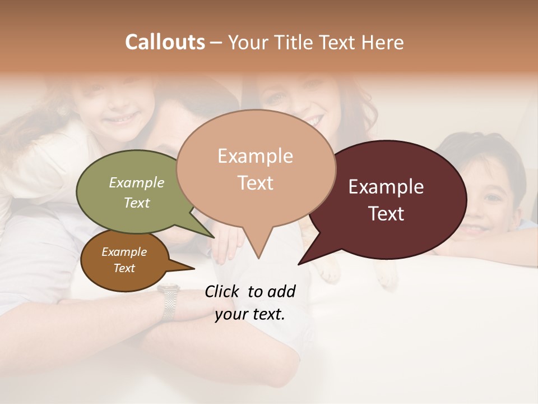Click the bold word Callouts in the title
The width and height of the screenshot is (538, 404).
click(165, 42)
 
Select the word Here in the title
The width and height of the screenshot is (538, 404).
click(383, 42)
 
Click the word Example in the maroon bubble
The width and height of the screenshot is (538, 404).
click(386, 187)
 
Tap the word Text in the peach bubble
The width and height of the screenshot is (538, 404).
click(256, 183)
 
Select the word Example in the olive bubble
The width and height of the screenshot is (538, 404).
click(137, 183)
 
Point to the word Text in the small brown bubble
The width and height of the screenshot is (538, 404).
click(124, 268)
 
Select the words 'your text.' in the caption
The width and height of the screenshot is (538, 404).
click(250, 314)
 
